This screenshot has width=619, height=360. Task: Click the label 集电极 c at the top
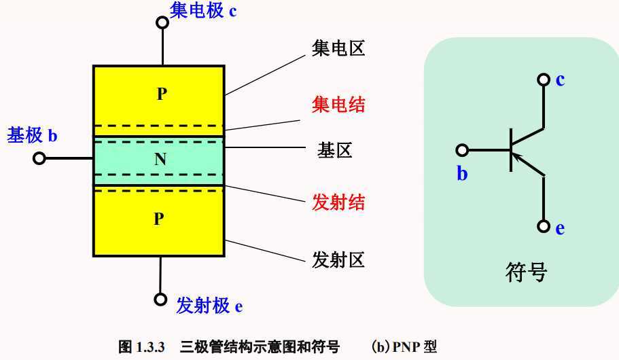203,10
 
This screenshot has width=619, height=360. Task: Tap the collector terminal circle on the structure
162,22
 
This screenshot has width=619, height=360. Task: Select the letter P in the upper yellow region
161,94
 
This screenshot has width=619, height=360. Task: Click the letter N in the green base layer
160,160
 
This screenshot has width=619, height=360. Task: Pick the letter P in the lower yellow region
158,219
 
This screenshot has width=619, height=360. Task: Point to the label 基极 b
32,135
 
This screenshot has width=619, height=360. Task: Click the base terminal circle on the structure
39,158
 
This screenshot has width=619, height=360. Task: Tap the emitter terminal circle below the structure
160,299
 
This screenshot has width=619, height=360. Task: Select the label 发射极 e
209,306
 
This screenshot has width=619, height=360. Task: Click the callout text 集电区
338,49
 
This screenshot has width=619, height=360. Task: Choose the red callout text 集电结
338,105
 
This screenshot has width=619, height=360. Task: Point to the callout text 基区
334,150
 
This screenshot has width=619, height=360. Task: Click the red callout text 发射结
338,202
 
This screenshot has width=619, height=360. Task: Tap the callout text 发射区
338,259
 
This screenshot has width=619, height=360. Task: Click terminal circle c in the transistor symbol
543,79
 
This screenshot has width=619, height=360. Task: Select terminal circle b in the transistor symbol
462,149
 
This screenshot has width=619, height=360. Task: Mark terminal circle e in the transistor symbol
543,227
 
